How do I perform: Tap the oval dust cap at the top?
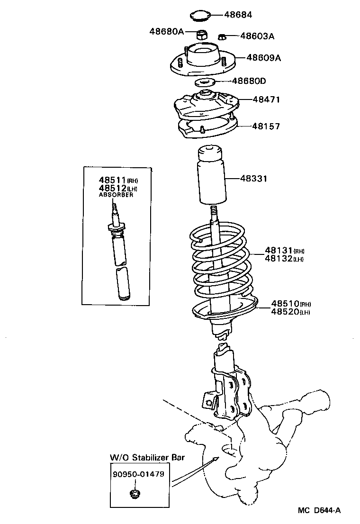(201, 16)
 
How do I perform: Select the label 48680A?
(166, 32)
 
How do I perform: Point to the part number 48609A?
(263, 58)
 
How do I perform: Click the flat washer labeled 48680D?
(205, 82)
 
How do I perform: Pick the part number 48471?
(266, 99)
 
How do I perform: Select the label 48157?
(266, 126)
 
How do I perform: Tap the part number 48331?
(253, 179)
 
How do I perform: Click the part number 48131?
(279, 251)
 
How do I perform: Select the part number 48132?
(279, 259)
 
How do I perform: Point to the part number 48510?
(285, 303)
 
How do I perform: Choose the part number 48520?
(285, 311)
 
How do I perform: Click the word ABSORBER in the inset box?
(116, 195)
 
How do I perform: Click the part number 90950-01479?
(138, 474)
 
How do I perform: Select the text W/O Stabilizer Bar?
(147, 458)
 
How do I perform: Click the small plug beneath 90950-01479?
(134, 495)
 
